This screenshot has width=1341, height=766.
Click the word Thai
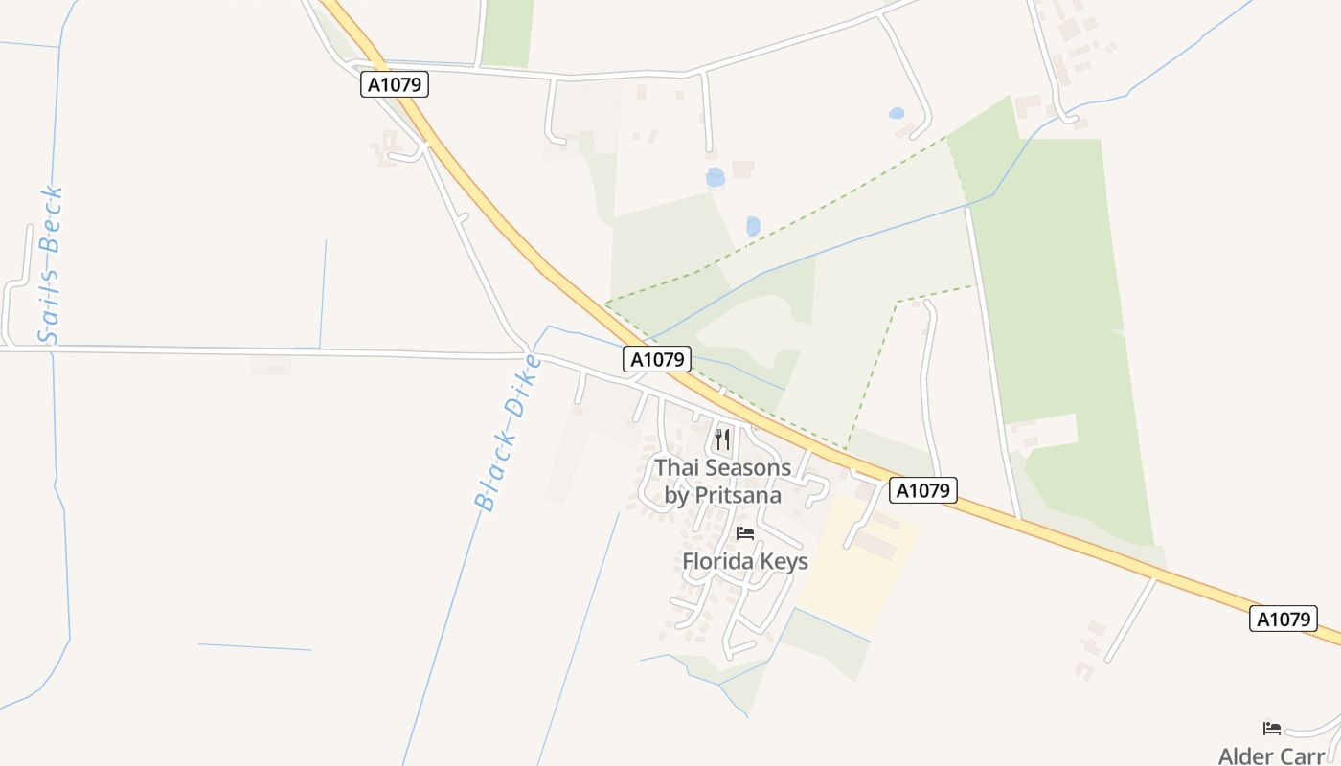point(677,468)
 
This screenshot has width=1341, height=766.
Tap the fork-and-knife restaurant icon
point(722,439)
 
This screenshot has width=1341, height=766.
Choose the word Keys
point(784,562)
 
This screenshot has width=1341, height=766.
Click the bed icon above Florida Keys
point(744,533)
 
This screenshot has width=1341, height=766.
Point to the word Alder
point(1245,756)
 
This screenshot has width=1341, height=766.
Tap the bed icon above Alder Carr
point(1272,729)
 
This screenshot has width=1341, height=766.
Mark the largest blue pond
point(715,177)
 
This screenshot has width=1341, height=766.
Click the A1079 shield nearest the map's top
point(395,84)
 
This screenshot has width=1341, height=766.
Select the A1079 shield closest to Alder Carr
point(1283,619)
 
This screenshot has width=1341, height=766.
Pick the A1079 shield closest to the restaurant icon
point(657,359)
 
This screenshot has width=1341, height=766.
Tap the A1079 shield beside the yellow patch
point(923,490)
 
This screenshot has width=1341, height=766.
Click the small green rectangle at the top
point(507,34)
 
